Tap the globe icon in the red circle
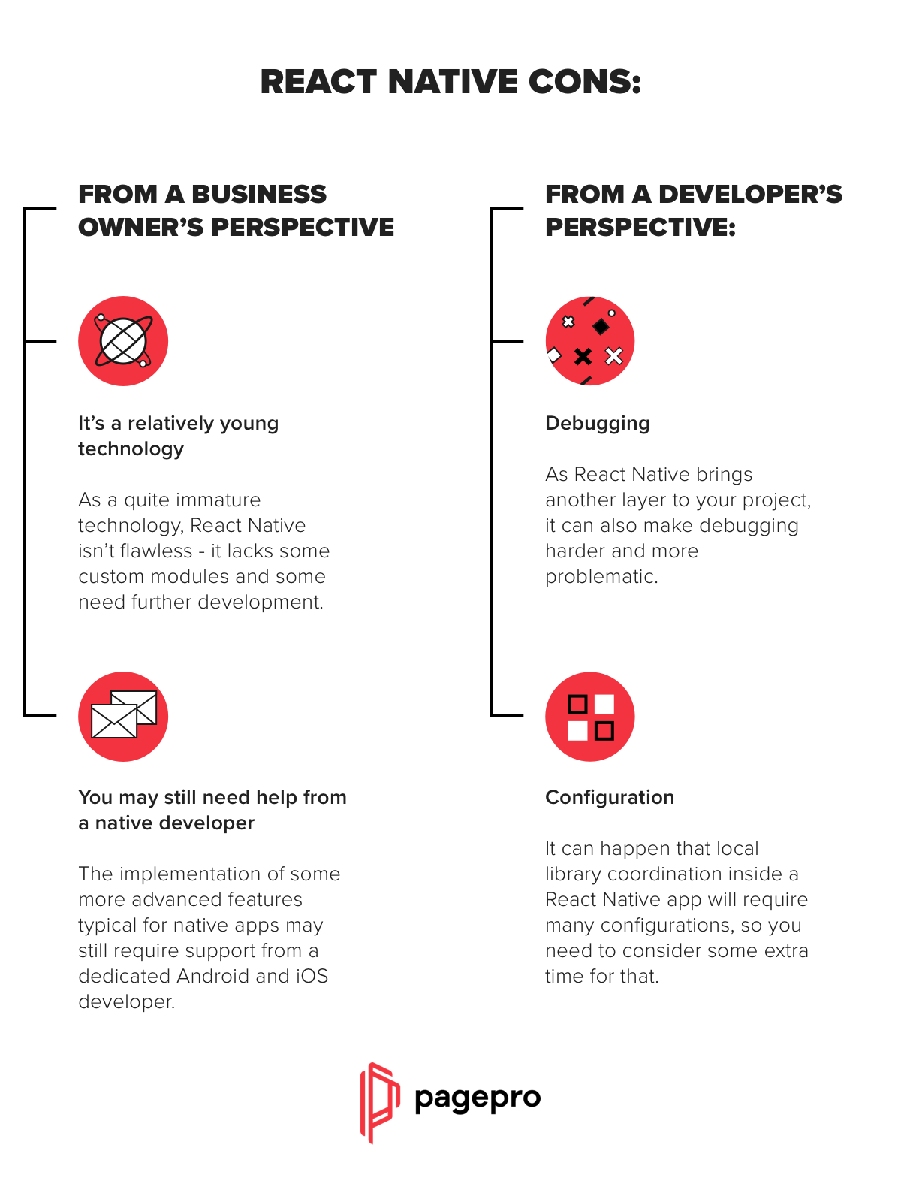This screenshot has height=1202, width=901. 123,340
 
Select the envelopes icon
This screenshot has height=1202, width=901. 123,716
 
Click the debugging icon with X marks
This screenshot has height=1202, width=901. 589,340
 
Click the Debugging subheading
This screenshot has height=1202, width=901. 598,424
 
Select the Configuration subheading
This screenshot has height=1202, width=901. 610,797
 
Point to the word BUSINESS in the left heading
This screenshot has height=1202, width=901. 259,195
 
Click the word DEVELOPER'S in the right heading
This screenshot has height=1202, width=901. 750,195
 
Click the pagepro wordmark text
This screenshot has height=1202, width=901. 478,1098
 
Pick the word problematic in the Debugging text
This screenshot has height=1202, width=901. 601,577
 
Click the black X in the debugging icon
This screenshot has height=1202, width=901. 583,357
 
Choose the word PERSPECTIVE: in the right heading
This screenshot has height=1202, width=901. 640,228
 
